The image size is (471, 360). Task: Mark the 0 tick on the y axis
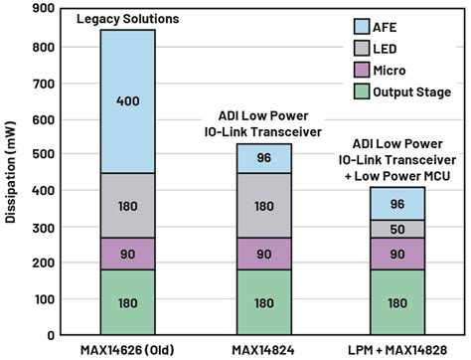tap(48, 335)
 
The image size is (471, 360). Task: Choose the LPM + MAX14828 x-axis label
tap(397, 350)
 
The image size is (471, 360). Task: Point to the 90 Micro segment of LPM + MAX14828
tap(397, 254)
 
